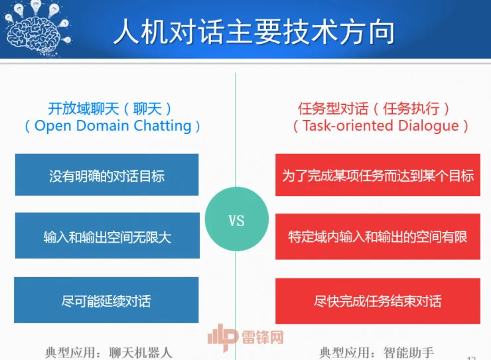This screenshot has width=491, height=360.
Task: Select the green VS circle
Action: tap(237, 221)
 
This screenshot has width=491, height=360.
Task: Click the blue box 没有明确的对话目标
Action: tap(107, 176)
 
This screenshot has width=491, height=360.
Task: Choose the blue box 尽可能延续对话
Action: tap(107, 300)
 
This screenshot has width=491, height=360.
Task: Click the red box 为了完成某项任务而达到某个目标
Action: tap(378, 176)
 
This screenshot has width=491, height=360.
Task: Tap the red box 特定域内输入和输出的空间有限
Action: tap(378, 236)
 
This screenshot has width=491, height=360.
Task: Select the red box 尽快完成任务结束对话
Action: tap(378, 301)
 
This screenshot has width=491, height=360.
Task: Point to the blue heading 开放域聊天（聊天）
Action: tap(110, 108)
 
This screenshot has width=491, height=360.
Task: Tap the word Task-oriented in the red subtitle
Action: tap(344, 126)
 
